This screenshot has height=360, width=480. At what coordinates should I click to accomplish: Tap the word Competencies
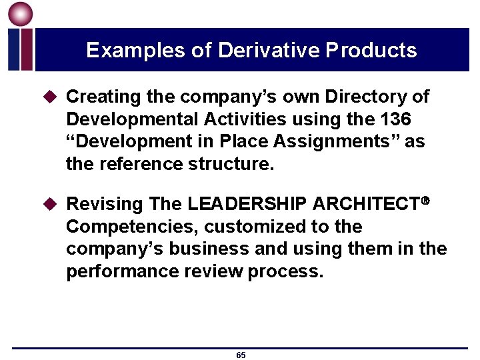[x=127, y=227]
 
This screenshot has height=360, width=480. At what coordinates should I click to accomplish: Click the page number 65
[x=241, y=355]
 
